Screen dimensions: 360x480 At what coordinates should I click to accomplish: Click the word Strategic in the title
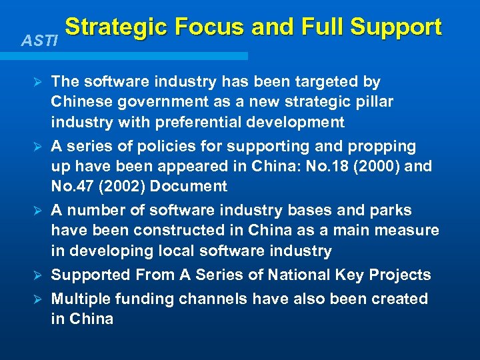pos(113,27)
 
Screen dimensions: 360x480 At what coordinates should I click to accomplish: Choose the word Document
pos(189,187)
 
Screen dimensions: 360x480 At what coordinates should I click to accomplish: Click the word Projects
pos(399,275)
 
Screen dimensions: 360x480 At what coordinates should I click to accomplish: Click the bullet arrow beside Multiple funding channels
pos(38,299)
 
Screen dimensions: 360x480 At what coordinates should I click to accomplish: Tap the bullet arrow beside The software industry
pos(38,82)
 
